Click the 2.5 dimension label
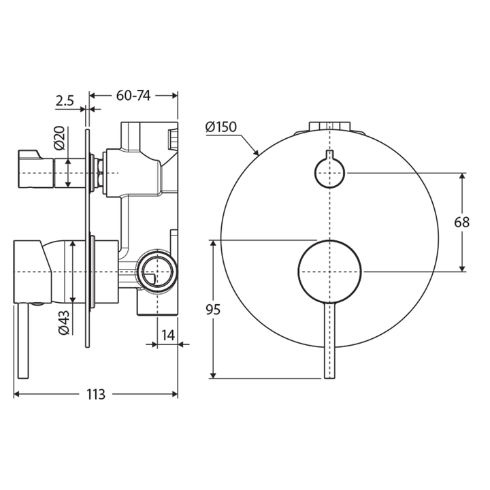pos(65,101)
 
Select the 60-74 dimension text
pos(133,96)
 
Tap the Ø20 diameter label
pos(59,139)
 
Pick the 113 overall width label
pos(95,394)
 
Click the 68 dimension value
pos(463,223)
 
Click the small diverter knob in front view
pos(330,173)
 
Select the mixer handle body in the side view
pos(41,271)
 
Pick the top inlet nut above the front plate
pos(330,126)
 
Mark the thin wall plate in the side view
pos(87,238)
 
